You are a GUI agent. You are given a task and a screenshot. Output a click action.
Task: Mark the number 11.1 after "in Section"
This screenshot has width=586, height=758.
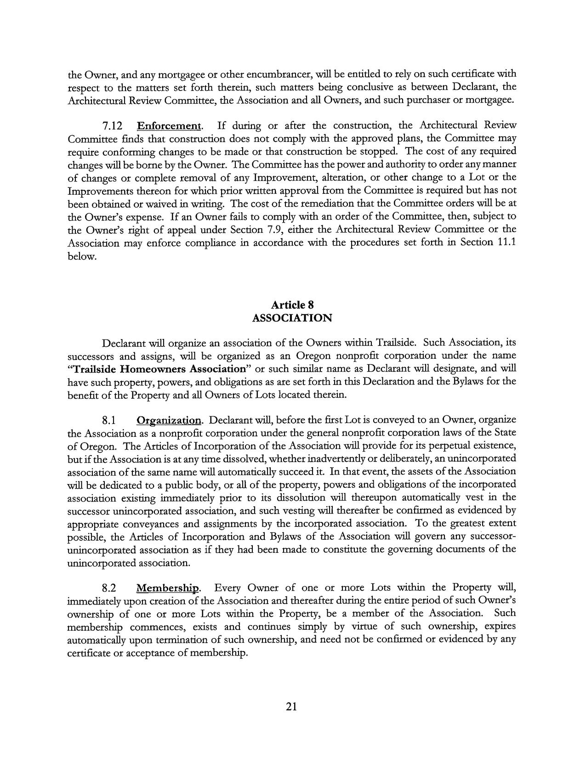click(x=506, y=242)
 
